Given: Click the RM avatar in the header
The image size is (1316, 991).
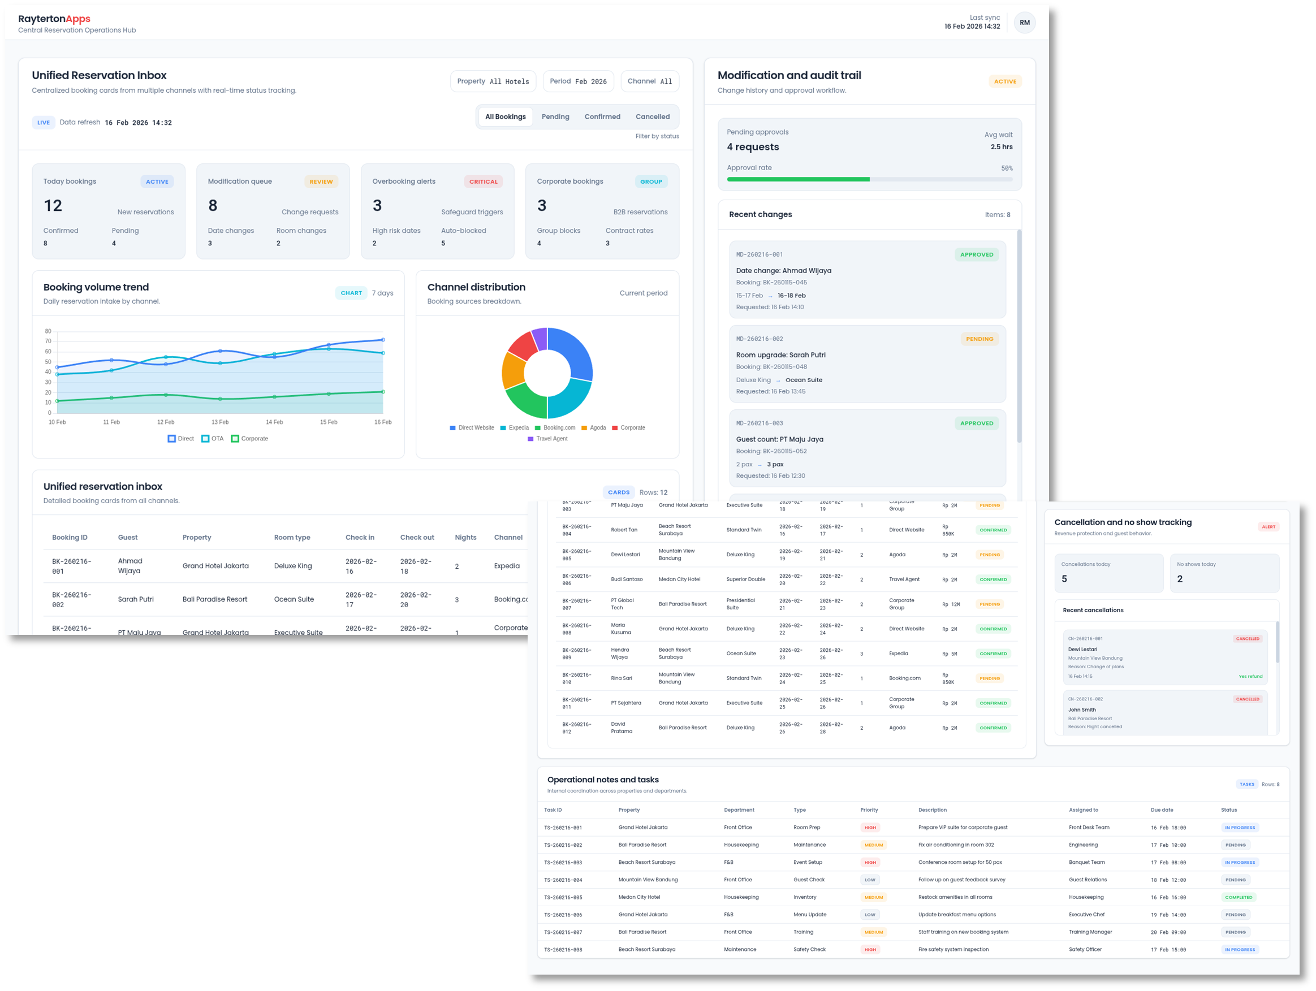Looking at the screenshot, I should (x=1024, y=23).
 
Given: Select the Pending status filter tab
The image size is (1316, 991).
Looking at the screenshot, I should (x=555, y=116).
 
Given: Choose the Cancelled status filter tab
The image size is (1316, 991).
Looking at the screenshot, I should (x=652, y=116).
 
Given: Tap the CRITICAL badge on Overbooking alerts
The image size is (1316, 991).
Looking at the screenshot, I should (x=483, y=181).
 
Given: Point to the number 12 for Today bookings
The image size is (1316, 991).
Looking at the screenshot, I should (x=53, y=206).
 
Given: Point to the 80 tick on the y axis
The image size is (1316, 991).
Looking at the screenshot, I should (x=48, y=331).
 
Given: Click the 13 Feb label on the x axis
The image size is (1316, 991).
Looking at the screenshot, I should (x=220, y=422).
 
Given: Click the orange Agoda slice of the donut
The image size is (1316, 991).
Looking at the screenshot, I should (x=514, y=371).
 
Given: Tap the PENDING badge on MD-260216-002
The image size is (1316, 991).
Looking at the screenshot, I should (x=980, y=339).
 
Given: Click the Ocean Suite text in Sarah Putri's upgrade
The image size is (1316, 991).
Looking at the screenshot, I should (x=803, y=380).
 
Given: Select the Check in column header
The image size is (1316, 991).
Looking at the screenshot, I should (x=360, y=538).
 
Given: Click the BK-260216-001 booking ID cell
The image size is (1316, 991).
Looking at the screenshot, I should (x=71, y=566).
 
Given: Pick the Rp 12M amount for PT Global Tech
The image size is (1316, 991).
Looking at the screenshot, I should (x=951, y=604).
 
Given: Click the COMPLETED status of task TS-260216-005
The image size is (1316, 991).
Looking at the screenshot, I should (x=1239, y=898).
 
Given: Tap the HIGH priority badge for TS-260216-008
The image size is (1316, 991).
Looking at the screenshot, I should (x=870, y=950).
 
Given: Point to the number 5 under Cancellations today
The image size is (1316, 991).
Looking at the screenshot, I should (x=1064, y=579).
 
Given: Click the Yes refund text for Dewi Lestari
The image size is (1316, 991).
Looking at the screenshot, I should (x=1250, y=676).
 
